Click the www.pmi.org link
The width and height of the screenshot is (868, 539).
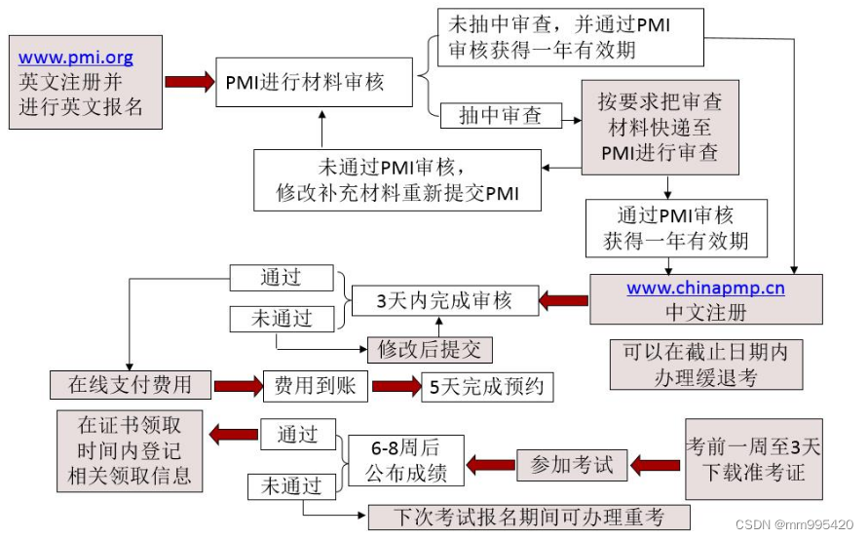pos(76,58)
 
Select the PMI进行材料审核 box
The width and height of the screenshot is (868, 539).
pos(304,82)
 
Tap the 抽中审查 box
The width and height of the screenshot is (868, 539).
pos(502,115)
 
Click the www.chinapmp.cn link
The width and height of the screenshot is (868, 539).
pos(705,289)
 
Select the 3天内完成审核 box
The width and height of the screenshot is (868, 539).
pos(444,301)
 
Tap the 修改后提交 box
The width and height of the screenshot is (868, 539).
pos(430,349)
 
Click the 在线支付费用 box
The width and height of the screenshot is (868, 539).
pos(131,385)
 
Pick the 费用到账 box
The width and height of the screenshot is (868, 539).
pos(315,387)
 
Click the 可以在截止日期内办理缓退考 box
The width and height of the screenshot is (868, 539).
pos(705,365)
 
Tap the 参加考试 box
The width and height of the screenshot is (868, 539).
pos(572,465)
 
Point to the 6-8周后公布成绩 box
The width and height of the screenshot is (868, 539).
pos(404,460)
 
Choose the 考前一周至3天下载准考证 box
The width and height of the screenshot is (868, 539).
pos(753,460)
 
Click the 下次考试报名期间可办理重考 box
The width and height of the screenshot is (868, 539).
pos(528,517)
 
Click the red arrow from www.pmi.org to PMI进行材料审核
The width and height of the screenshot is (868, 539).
pos(189,82)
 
